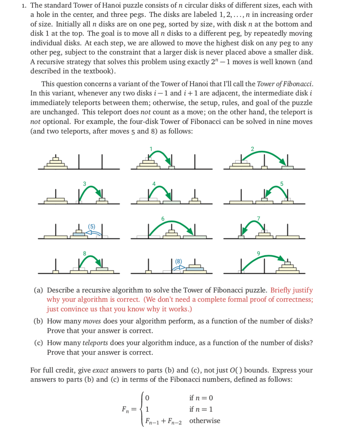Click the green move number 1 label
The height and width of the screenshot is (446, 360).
click(x=150, y=149)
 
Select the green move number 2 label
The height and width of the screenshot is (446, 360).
click(x=252, y=149)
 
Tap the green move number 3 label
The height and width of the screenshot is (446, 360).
click(x=84, y=184)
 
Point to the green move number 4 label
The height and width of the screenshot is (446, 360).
click(x=154, y=184)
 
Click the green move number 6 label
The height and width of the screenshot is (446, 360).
click(x=163, y=218)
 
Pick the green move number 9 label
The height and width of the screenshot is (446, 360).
click(x=258, y=253)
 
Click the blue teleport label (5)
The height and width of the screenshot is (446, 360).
click(x=92, y=226)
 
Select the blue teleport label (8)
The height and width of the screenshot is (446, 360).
click(x=178, y=261)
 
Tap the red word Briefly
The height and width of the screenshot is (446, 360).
click(x=280, y=290)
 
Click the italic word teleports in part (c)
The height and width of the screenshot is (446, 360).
click(x=95, y=343)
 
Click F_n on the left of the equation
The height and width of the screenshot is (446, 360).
click(x=126, y=409)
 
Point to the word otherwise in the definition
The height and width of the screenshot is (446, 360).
click(x=205, y=421)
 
